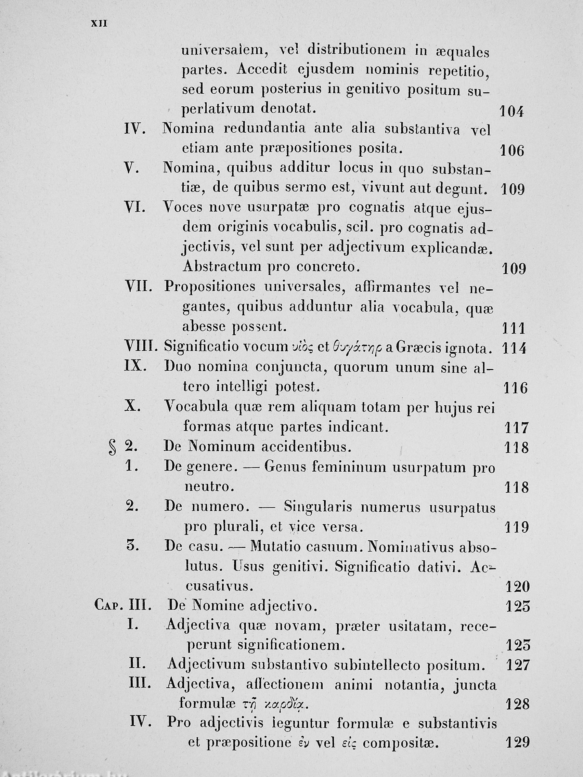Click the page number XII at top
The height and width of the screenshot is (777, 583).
[x=99, y=24]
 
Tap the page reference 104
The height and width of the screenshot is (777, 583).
[x=511, y=112]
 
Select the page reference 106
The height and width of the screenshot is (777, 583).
[x=511, y=151]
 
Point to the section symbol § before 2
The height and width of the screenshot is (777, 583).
[x=113, y=449]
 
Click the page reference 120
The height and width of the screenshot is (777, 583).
[x=517, y=586]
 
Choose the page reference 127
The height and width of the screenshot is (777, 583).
[x=518, y=665]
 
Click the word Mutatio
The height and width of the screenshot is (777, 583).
[x=272, y=547]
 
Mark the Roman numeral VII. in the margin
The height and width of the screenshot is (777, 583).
[x=139, y=287]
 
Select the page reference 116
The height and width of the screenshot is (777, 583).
[x=516, y=388]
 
